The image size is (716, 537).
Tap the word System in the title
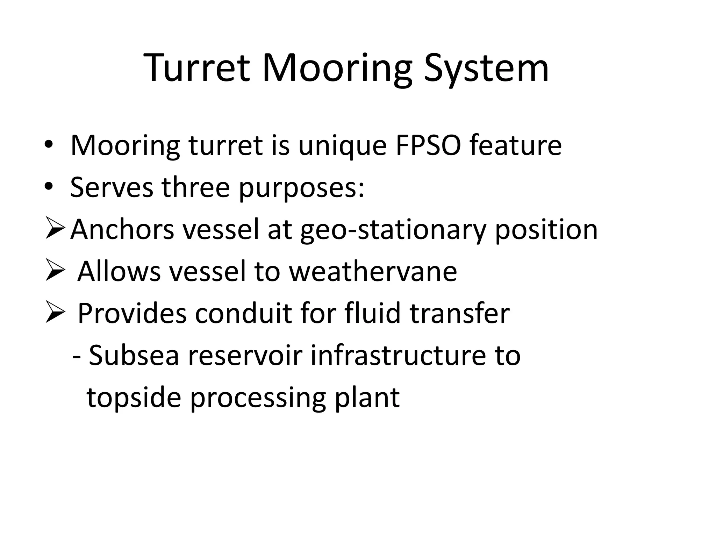tap(486, 69)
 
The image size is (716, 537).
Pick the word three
tap(196, 187)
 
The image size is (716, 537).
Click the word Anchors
tap(122, 229)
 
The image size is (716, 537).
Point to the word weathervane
tap(373, 271)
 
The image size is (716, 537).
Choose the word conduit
tap(243, 313)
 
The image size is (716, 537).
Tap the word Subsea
tap(134, 355)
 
